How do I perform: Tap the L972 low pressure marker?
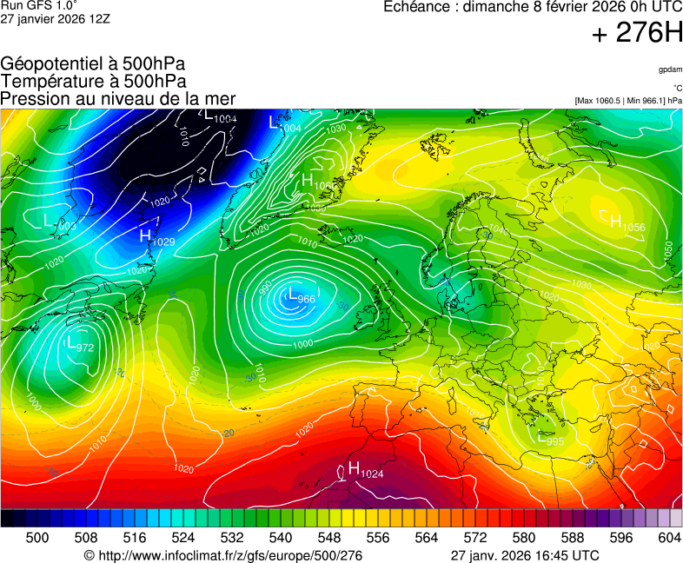[x=79, y=345]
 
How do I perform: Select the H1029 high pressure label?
[x=157, y=237]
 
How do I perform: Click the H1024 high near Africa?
[x=365, y=470]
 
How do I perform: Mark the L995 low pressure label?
[x=550, y=439]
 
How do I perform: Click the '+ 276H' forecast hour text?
[x=637, y=34]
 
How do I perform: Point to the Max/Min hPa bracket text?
[x=628, y=101]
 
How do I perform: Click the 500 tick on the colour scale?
[x=37, y=538]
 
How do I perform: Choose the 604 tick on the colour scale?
[x=669, y=538]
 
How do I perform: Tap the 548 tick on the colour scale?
[x=329, y=538]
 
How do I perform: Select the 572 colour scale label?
[x=475, y=538]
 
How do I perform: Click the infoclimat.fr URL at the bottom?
[x=223, y=555]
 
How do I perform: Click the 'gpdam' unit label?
[x=670, y=70]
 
